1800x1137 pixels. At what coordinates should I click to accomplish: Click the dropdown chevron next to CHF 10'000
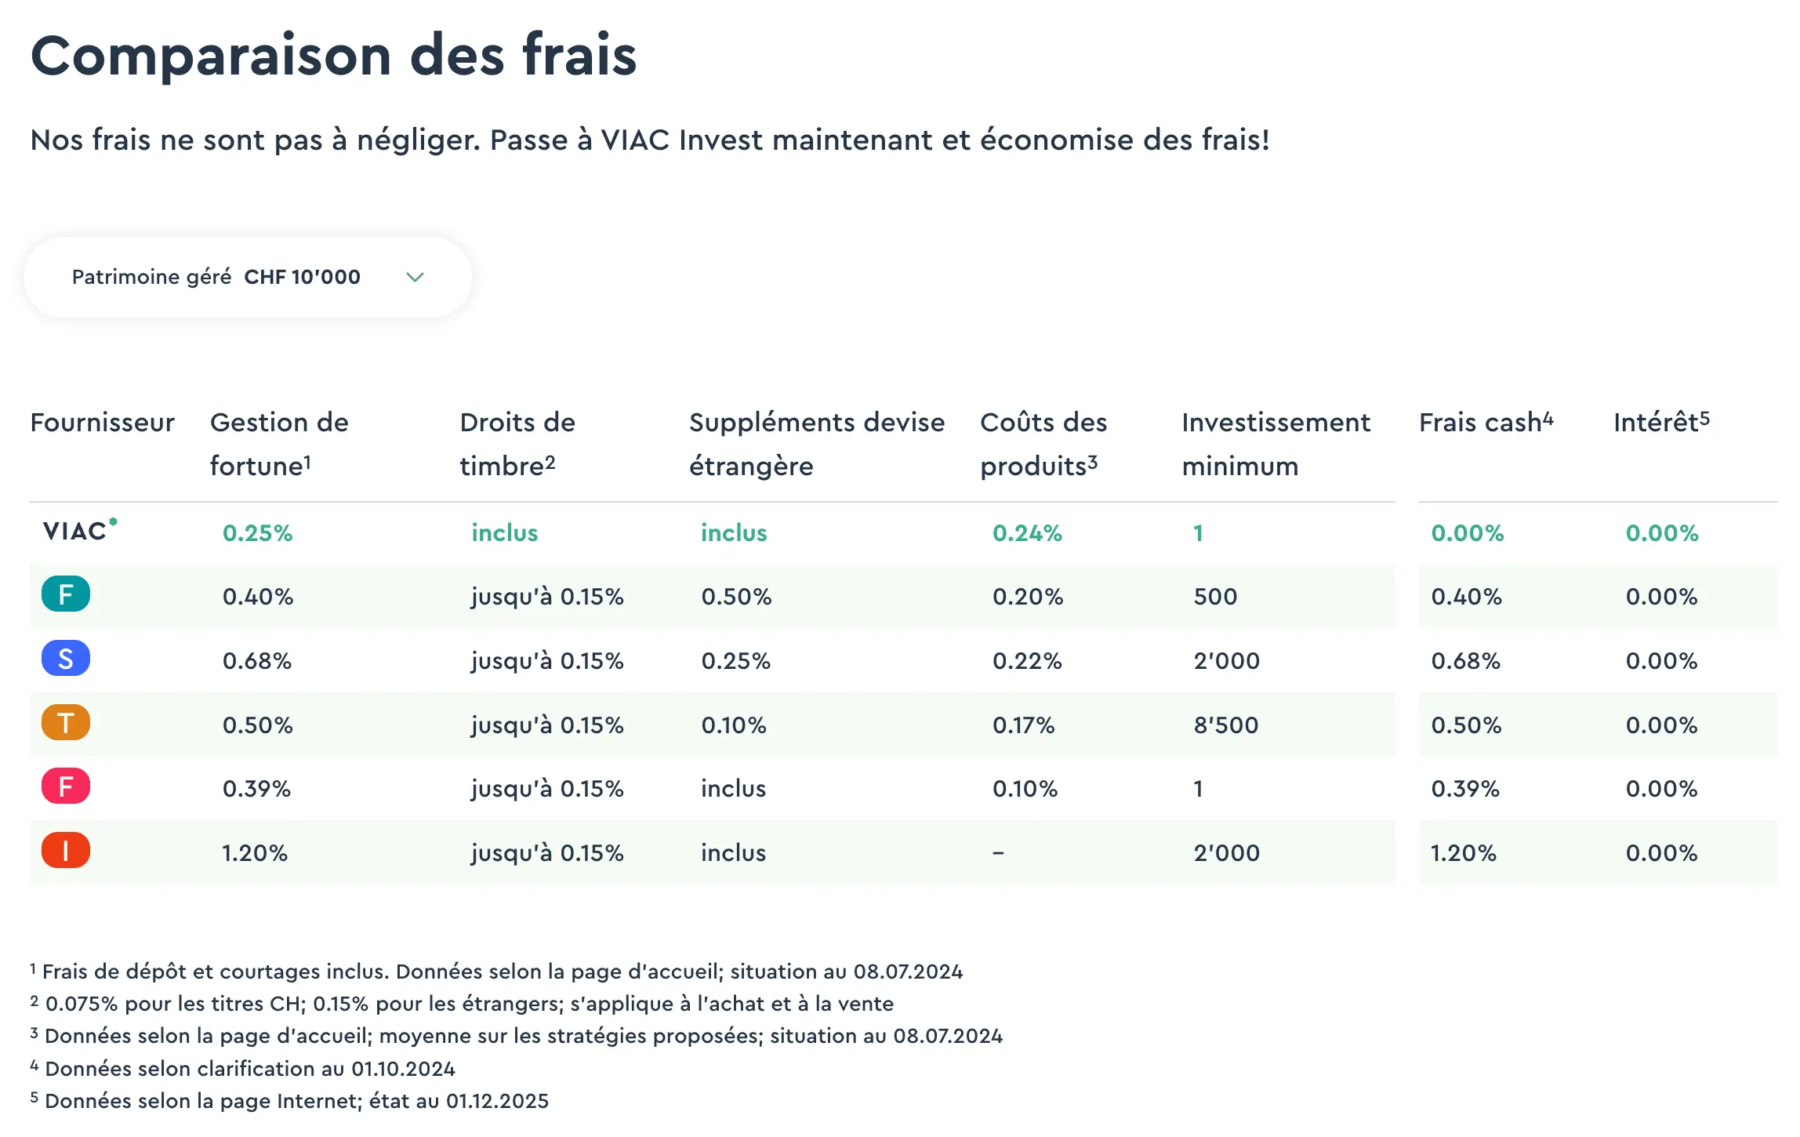(415, 277)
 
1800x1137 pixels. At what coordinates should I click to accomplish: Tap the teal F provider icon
(66, 594)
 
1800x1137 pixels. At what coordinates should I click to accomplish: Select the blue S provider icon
(66, 659)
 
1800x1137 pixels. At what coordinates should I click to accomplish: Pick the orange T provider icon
(66, 723)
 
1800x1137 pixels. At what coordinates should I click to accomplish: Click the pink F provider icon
(66, 786)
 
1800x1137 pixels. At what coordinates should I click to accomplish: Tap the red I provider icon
(66, 851)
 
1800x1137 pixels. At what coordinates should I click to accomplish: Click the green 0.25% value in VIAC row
(257, 533)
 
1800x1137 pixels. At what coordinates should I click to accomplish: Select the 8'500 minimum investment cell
(1225, 725)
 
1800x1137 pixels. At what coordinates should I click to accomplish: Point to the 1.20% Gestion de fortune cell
(255, 853)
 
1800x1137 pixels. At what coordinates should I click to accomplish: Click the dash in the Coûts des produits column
(998, 853)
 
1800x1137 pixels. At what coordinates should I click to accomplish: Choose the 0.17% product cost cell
(1023, 725)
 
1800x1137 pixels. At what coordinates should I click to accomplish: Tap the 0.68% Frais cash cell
(1465, 661)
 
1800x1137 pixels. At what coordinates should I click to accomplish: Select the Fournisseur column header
(102, 423)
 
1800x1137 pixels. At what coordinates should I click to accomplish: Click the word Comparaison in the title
(210, 56)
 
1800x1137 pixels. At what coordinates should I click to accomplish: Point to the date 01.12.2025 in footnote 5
(497, 1101)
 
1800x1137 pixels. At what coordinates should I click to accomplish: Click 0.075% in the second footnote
(81, 1004)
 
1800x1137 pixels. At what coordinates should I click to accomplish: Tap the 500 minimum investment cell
(1214, 597)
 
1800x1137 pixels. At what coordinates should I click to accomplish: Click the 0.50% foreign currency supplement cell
(736, 597)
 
